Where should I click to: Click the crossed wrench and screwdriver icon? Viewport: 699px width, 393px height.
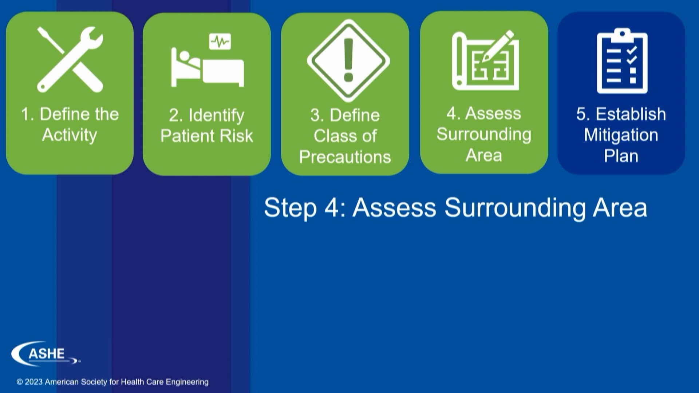70,59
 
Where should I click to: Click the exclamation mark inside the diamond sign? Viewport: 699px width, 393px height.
348,60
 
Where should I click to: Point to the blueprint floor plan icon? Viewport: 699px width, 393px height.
484,62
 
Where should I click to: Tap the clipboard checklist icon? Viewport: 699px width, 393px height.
622,61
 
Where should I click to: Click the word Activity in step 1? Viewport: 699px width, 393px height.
70,135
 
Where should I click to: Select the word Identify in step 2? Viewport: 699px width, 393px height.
216,116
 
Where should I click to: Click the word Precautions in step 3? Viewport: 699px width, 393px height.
345,157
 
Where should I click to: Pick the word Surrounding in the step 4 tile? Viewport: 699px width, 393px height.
484,134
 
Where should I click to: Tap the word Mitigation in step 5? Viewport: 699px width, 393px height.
621,135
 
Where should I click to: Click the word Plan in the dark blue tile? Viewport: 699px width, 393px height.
621,156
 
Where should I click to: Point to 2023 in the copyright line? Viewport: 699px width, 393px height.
33,382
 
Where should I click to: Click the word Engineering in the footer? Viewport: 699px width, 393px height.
187,382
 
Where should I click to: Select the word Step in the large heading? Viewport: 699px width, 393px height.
290,208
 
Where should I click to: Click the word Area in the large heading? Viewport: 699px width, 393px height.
620,208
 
